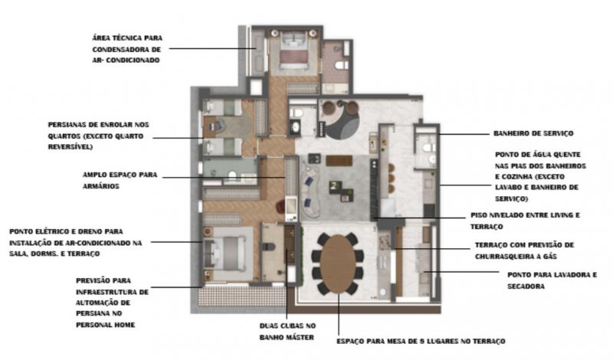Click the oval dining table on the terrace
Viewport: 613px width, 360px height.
338,264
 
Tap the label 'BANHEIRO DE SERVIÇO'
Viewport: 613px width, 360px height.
533,134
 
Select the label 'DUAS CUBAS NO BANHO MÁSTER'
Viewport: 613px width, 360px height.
287,332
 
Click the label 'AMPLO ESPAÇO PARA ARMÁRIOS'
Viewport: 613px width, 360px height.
120,181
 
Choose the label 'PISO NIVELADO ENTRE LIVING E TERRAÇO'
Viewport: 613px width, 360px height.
525,221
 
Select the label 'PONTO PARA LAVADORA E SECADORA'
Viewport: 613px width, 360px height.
552,280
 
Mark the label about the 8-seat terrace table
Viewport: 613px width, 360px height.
421,342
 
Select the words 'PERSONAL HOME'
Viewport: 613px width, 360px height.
106,325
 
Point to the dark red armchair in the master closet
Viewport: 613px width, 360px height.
280,205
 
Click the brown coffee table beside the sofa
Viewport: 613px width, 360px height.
339,160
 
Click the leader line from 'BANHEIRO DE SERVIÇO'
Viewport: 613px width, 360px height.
464,134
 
